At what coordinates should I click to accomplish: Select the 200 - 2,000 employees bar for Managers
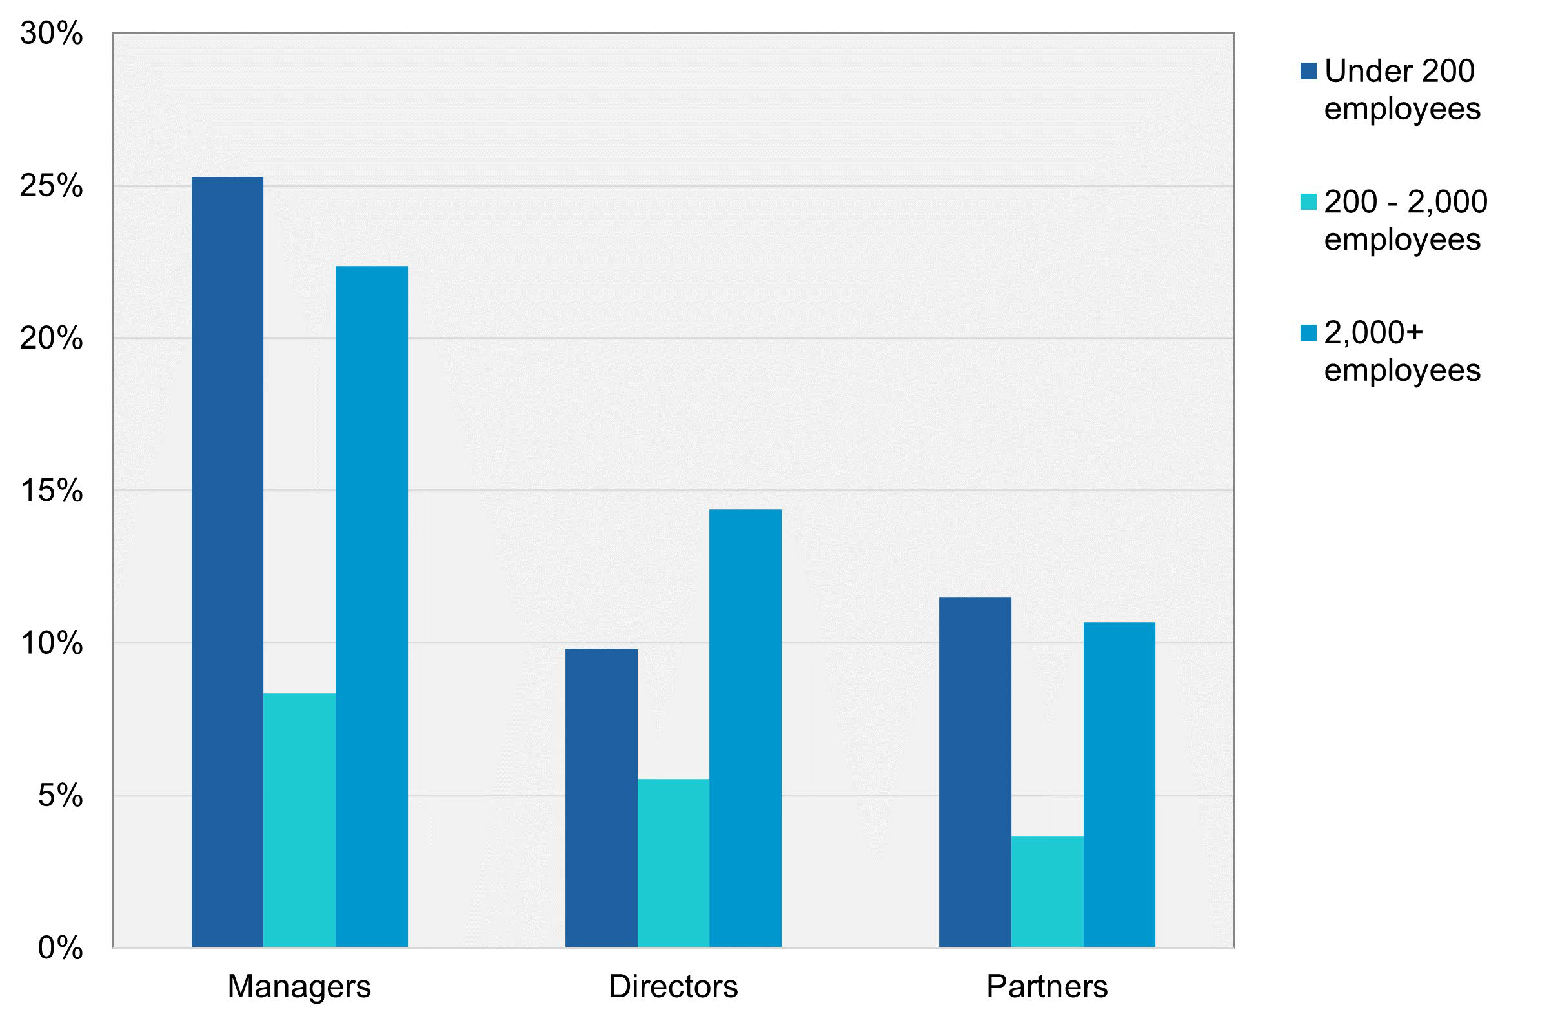pyautogui.click(x=299, y=820)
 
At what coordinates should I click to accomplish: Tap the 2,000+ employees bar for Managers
pyautogui.click(x=372, y=606)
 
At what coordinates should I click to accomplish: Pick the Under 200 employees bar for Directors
pyautogui.click(x=601, y=798)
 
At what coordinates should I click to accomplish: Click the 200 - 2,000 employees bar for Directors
pyautogui.click(x=673, y=863)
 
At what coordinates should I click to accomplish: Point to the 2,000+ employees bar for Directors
pyautogui.click(x=745, y=728)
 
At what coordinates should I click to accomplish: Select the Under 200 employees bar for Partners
pyautogui.click(x=975, y=772)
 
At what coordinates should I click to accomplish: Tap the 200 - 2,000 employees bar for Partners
pyautogui.click(x=1047, y=892)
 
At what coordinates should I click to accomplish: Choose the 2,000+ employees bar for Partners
pyautogui.click(x=1119, y=784)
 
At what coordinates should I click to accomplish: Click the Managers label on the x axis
pyautogui.click(x=299, y=986)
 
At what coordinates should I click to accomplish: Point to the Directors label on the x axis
pyautogui.click(x=673, y=986)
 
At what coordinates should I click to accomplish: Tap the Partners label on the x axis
pyautogui.click(x=1047, y=986)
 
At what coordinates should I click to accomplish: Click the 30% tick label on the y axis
pyautogui.click(x=52, y=34)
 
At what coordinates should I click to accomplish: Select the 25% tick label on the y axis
pyautogui.click(x=52, y=186)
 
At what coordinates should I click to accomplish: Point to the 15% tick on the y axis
pyautogui.click(x=52, y=491)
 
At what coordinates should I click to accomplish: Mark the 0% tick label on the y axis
pyautogui.click(x=60, y=947)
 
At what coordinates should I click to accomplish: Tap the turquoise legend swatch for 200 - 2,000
pyautogui.click(x=1308, y=203)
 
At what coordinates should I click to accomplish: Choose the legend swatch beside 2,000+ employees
pyautogui.click(x=1308, y=333)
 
